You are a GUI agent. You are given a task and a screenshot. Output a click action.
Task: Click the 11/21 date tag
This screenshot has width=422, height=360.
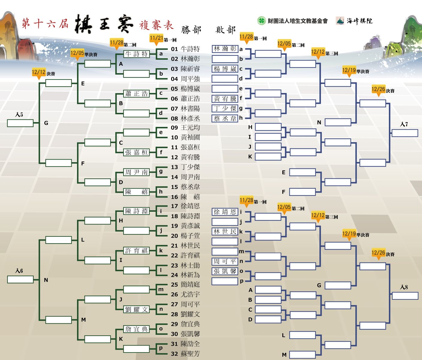pos(156,38)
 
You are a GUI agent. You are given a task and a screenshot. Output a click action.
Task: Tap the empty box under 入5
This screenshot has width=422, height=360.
pos(20,123)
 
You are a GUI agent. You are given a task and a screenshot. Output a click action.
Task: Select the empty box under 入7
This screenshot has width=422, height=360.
pos(405,133)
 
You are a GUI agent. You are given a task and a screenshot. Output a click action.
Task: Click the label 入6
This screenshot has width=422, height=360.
pos(19,271)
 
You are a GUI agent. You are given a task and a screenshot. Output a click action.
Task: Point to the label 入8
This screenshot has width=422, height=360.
pos(404,287)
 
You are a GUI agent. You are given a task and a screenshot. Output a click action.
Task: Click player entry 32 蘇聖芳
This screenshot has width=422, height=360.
pos(186,354)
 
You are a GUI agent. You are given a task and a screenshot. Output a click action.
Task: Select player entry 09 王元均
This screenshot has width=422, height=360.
pos(186,128)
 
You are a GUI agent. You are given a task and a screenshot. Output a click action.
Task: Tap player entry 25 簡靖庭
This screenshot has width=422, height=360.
pos(186,284)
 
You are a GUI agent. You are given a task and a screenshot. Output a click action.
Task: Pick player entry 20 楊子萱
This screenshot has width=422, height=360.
pos(186,236)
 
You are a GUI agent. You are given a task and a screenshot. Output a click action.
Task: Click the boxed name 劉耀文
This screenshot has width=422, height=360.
pos(136,310)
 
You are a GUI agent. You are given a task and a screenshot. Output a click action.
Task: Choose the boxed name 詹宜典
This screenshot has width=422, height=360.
pos(136,329)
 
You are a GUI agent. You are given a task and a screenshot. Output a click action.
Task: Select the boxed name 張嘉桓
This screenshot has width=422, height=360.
pos(136,152)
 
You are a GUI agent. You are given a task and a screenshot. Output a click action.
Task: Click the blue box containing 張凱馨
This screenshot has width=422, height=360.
pos(225,271)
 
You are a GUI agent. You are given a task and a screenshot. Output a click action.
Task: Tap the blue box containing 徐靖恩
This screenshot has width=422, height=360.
pos(225,212)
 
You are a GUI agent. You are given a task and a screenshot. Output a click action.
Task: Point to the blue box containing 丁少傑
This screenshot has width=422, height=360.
pos(225,108)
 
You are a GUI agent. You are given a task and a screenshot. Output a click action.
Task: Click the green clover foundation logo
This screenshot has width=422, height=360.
pos(261,21)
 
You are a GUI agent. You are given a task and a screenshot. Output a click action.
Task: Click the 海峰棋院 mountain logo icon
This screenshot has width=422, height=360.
pos(340,21)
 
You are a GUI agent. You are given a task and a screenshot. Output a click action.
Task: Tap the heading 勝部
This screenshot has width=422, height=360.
pos(191,30)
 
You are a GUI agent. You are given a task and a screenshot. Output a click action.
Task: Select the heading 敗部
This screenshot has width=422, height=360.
pos(225,30)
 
